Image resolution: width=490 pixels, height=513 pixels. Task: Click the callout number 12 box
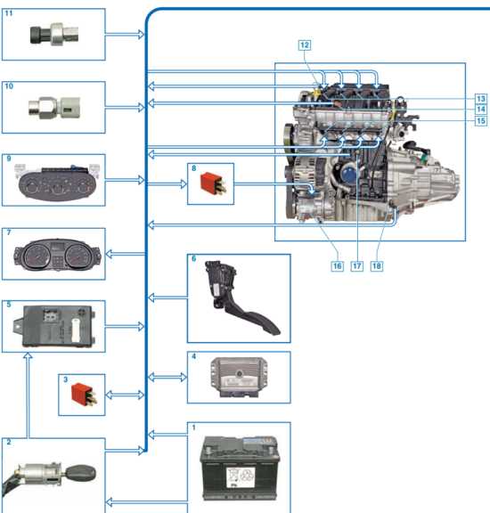pyautogui.click(x=305, y=45)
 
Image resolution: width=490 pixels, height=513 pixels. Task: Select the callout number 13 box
pyautogui.click(x=480, y=99)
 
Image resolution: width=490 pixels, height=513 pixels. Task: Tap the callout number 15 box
pyautogui.click(x=480, y=121)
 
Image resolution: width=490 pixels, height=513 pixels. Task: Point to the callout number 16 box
pyautogui.click(x=337, y=266)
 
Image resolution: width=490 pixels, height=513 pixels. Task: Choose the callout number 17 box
pyautogui.click(x=357, y=266)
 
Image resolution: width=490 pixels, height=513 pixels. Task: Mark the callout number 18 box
pyautogui.click(x=377, y=266)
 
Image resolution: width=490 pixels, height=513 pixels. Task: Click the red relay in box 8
pyautogui.click(x=213, y=183)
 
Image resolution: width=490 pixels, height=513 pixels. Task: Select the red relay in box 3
pyautogui.click(x=84, y=395)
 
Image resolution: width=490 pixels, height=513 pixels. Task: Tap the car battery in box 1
pyautogui.click(x=240, y=468)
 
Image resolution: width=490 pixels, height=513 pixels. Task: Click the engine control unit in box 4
pyautogui.click(x=239, y=378)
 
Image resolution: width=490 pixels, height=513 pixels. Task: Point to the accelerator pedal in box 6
pyautogui.click(x=240, y=297)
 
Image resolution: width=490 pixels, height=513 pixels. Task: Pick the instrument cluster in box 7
pyautogui.click(x=57, y=254)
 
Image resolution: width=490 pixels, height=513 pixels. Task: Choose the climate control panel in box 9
pyautogui.click(x=57, y=182)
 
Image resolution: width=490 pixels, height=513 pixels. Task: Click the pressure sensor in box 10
pyautogui.click(x=54, y=107)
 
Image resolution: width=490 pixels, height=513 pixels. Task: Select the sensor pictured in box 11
pyautogui.click(x=54, y=33)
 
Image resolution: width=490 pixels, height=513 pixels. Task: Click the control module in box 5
pyautogui.click(x=54, y=326)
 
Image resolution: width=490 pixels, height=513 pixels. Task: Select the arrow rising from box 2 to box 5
pyautogui.click(x=29, y=395)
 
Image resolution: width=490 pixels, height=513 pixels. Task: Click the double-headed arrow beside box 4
pyautogui.click(x=167, y=378)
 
